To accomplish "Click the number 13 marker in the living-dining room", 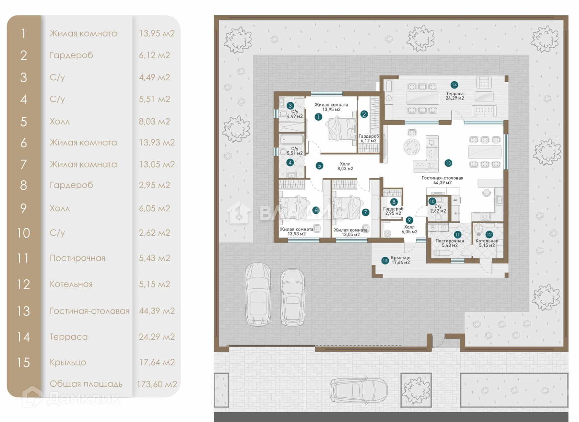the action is click(448, 163).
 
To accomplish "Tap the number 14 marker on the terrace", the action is click(454, 85).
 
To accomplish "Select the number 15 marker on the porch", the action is click(385, 260).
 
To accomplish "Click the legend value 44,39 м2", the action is click(157, 311).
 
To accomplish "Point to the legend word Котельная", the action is click(71, 284).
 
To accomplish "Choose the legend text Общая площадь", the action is click(86, 384).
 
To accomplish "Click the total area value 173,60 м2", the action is click(157, 384).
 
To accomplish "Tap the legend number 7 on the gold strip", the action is click(24, 164).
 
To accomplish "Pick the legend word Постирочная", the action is click(77, 258).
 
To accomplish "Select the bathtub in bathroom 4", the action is click(291, 139).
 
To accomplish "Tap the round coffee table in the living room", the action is click(412, 146).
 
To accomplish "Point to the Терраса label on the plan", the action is click(455, 93).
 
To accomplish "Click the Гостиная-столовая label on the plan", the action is click(442, 178).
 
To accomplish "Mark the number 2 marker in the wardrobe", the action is click(364, 114).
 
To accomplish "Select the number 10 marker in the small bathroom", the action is click(432, 201).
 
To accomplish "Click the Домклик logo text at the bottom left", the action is click(83, 398).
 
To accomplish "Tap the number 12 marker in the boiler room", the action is click(489, 234).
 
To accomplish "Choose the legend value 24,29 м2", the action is click(157, 337).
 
